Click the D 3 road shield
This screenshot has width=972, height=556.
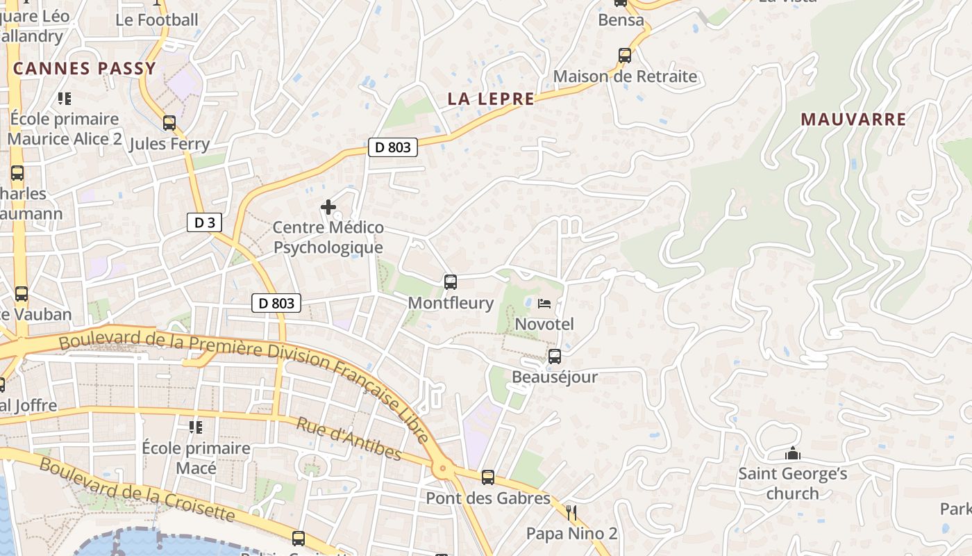(205, 222)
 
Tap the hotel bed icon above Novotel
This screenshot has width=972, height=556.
(544, 304)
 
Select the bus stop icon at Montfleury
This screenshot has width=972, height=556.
(451, 282)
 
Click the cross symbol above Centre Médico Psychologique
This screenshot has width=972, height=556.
(328, 207)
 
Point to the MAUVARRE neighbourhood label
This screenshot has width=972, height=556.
(853, 120)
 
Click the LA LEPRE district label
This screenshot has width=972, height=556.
(491, 99)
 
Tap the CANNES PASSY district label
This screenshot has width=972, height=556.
(84, 69)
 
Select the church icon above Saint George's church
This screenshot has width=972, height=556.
(792, 454)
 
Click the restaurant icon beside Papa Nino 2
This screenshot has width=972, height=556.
(571, 514)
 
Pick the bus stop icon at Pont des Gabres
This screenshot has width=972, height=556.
(488, 477)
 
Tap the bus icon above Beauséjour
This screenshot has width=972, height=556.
(554, 357)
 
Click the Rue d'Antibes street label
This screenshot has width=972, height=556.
(349, 439)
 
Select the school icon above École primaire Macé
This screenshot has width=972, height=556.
(196, 427)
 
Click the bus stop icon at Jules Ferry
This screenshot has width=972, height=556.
(169, 124)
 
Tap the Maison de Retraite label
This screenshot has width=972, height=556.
(625, 76)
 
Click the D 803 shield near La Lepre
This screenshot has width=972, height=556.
(392, 147)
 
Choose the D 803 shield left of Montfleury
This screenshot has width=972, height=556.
(276, 303)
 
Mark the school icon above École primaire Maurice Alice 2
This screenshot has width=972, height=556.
(65, 99)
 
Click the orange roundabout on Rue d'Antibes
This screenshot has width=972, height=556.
(443, 470)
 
